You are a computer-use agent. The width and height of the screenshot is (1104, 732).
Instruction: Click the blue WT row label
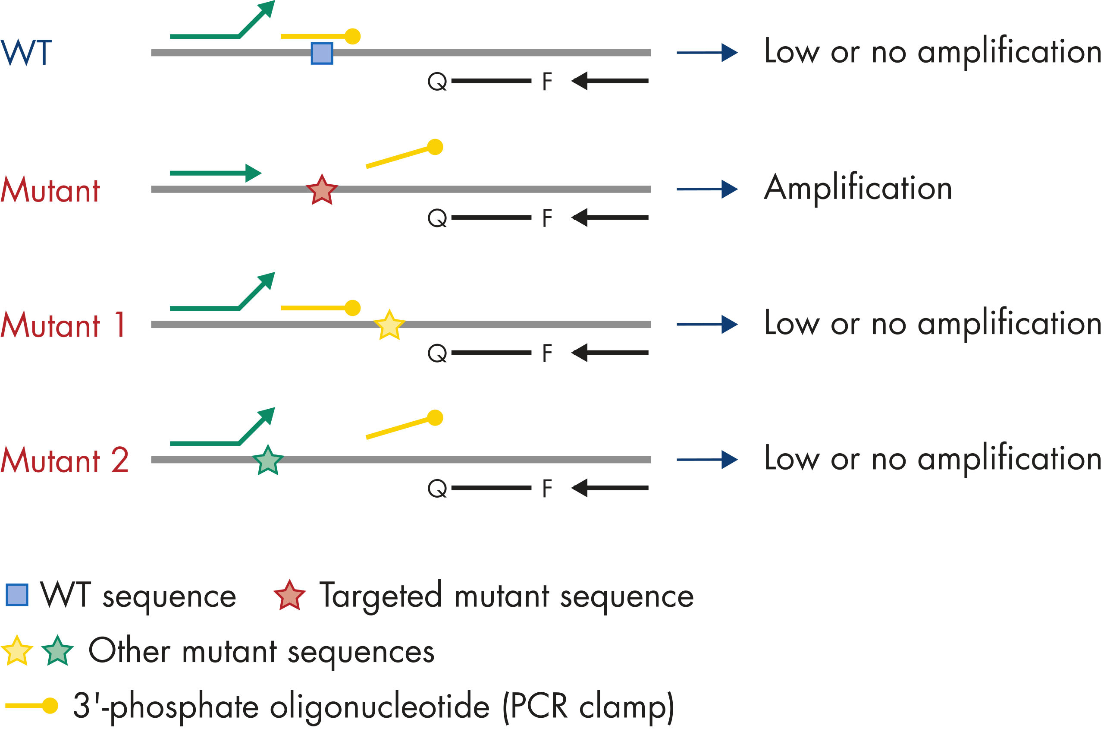[26, 53]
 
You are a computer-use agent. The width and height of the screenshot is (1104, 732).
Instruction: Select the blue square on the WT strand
[322, 53]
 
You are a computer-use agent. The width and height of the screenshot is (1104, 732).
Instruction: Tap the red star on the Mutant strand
[322, 190]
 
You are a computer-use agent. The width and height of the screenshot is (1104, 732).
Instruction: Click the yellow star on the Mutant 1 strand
[389, 325]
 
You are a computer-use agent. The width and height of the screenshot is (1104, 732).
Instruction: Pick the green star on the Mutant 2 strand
[268, 461]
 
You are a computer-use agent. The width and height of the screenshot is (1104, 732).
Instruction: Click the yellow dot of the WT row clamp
[353, 36]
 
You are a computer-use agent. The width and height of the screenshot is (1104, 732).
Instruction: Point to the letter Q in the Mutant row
[437, 218]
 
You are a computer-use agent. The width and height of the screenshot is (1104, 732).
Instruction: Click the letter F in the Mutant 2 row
[547, 489]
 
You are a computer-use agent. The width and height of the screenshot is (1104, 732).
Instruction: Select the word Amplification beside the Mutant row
[858, 188]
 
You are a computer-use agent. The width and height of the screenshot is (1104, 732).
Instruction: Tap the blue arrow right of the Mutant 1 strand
[707, 325]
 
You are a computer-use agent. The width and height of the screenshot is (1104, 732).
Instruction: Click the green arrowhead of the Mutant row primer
[253, 173]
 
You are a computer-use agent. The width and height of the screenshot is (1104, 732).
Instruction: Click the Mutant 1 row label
[63, 325]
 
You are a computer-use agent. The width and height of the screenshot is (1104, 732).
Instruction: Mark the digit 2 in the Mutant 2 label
[120, 460]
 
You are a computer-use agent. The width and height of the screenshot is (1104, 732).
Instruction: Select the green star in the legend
[57, 651]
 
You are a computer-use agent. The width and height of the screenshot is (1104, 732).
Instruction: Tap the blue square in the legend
[17, 595]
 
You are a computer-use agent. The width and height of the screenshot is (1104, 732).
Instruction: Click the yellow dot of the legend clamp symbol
[50, 705]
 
